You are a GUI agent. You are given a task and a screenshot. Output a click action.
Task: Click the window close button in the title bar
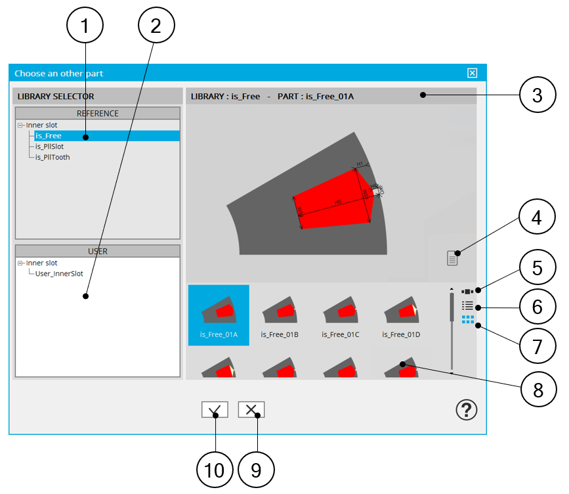click(472, 73)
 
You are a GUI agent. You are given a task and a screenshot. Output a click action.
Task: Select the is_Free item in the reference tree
click(49, 136)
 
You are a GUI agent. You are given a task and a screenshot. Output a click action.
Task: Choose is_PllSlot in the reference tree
click(50, 146)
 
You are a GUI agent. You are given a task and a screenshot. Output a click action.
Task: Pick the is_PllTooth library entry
click(53, 157)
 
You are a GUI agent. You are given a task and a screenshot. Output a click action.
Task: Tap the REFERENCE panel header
click(97, 114)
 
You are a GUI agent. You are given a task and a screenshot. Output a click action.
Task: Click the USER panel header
click(97, 251)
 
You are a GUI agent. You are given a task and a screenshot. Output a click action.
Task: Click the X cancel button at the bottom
click(251, 410)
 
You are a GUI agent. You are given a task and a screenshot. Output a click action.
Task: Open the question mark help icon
click(467, 410)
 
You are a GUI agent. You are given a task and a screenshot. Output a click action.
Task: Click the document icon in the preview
click(452, 258)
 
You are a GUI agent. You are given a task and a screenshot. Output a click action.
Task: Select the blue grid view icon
click(467, 320)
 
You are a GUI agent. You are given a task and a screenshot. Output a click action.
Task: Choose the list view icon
click(467, 305)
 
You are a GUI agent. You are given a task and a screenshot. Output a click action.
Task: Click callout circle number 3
click(537, 96)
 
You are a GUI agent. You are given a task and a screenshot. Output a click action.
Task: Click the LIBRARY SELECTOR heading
click(56, 97)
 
